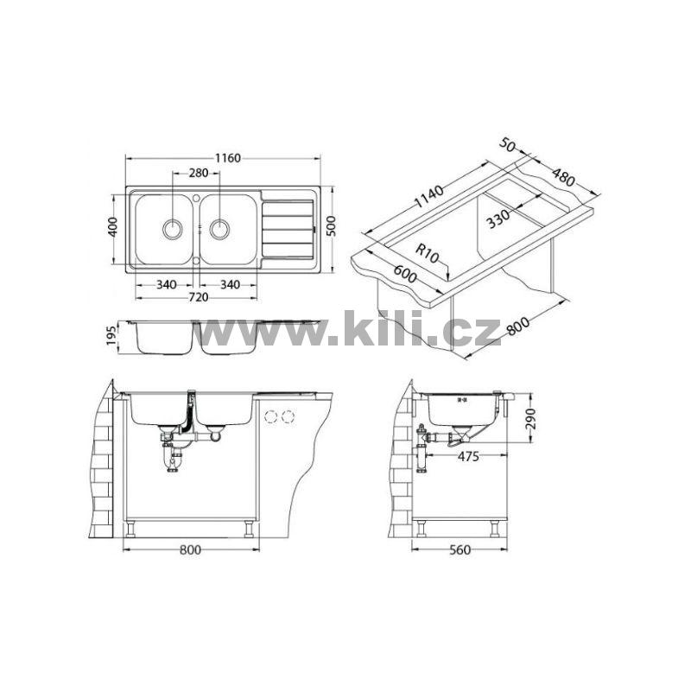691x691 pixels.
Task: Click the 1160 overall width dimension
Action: pos(228,158)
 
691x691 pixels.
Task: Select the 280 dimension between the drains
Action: pos(199,174)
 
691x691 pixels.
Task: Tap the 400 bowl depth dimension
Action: pos(113,226)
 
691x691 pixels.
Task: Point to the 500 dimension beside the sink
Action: pos(332,226)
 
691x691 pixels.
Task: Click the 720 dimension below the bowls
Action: pos(199,297)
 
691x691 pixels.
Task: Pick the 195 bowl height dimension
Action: pos(111,336)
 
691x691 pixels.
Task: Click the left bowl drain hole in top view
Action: pos(172,229)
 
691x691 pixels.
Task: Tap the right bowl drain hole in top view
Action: pos(219,229)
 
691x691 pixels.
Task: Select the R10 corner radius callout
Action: pos(428,254)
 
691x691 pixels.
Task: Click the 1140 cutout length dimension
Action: pos(428,197)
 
